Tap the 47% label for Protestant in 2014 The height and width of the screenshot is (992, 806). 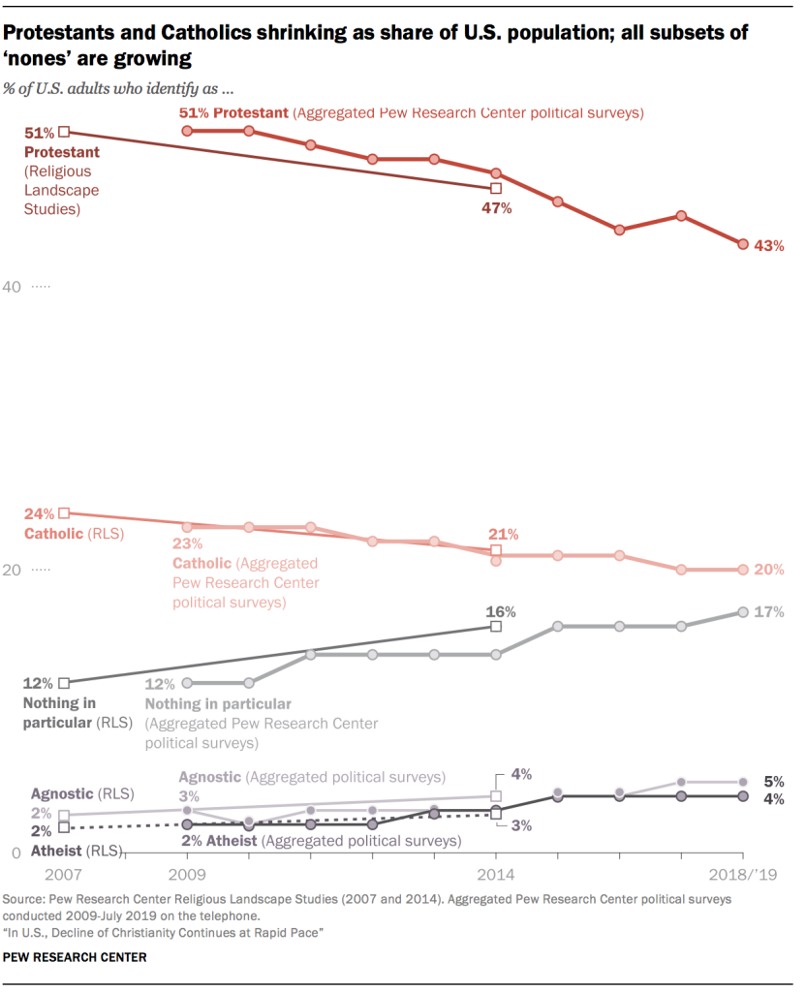pyautogui.click(x=496, y=208)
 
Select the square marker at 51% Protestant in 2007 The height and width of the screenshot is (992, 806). pyautogui.click(x=64, y=132)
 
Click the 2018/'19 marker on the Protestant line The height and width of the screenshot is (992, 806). pyautogui.click(x=743, y=245)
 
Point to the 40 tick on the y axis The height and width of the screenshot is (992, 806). pyautogui.click(x=15, y=288)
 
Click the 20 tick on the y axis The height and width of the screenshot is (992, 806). pyautogui.click(x=15, y=571)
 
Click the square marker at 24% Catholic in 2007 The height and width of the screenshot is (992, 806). pyautogui.click(x=64, y=513)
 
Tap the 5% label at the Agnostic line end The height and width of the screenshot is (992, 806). pyautogui.click(x=773, y=782)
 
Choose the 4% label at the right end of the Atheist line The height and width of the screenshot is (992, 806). pyautogui.click(x=773, y=798)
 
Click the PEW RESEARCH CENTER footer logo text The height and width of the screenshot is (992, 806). pyautogui.click(x=75, y=957)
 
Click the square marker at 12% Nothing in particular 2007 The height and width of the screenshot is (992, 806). pyautogui.click(x=64, y=683)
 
